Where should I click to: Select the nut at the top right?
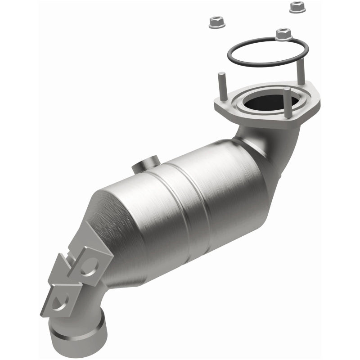pyautogui.click(x=296, y=6)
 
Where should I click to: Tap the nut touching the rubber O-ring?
pyautogui.click(x=282, y=33)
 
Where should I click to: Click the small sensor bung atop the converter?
pyautogui.click(x=144, y=163)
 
